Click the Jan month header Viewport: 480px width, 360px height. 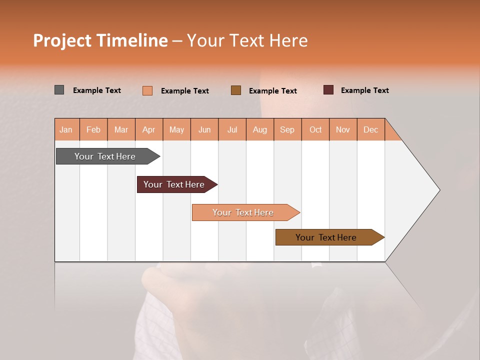click(66, 129)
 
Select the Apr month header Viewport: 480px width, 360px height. click(148, 129)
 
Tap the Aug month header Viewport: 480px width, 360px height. click(259, 129)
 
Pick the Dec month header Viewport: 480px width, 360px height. click(370, 129)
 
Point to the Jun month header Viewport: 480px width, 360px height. click(204, 129)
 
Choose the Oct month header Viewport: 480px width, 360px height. click(315, 129)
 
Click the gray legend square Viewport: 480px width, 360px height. click(59, 90)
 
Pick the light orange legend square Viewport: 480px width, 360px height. click(147, 90)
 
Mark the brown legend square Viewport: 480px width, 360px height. click(235, 90)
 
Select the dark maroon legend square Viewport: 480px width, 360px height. click(328, 90)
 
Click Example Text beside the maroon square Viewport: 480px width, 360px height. click(364, 90)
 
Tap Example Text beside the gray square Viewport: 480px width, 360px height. click(96, 90)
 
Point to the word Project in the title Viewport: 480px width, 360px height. click(62, 40)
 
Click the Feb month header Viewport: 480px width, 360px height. click(93, 129)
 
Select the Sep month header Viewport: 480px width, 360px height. click(287, 129)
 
